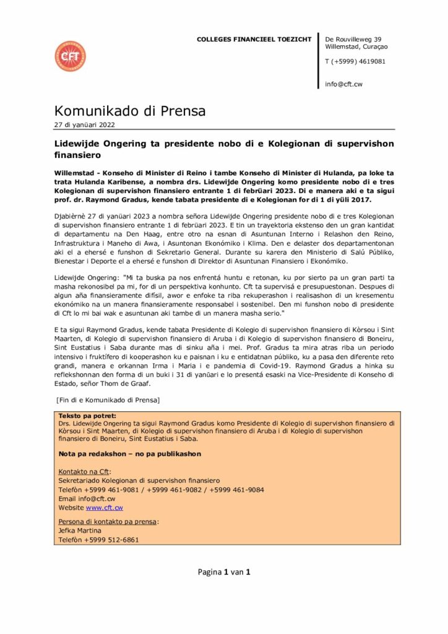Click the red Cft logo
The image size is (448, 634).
point(70,56)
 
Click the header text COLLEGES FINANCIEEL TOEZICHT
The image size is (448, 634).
point(254,40)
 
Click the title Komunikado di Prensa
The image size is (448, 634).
point(130,111)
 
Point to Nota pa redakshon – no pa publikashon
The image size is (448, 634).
point(129,454)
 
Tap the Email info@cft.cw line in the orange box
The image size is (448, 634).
point(87,498)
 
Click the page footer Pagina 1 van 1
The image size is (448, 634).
point(223,572)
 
